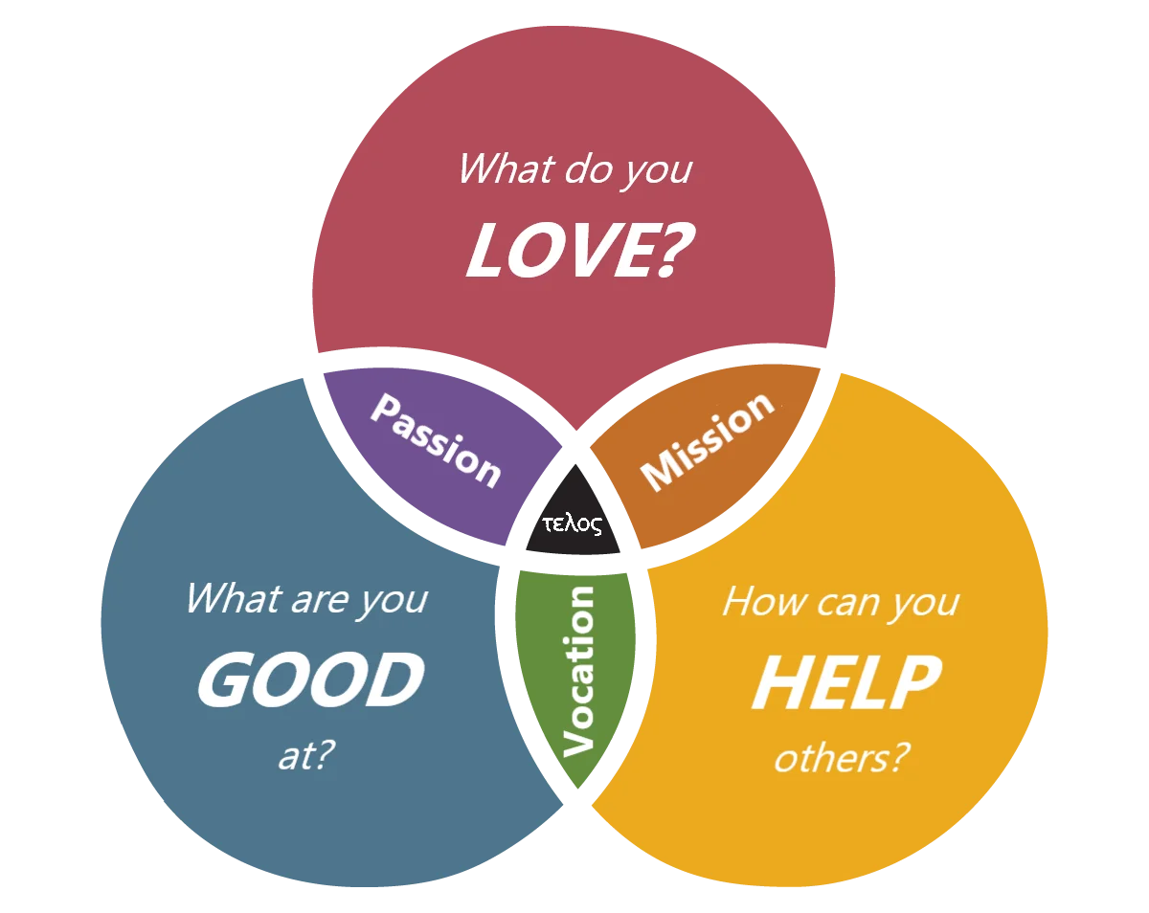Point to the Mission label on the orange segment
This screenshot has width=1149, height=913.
(x=707, y=441)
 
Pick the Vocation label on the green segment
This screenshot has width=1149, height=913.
(x=578, y=670)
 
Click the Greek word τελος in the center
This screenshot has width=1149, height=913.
(x=572, y=523)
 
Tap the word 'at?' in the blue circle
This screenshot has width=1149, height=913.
(x=306, y=756)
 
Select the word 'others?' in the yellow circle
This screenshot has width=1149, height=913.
(x=841, y=759)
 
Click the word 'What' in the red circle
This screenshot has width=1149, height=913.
(x=507, y=168)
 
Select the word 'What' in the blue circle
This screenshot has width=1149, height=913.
(x=232, y=599)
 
